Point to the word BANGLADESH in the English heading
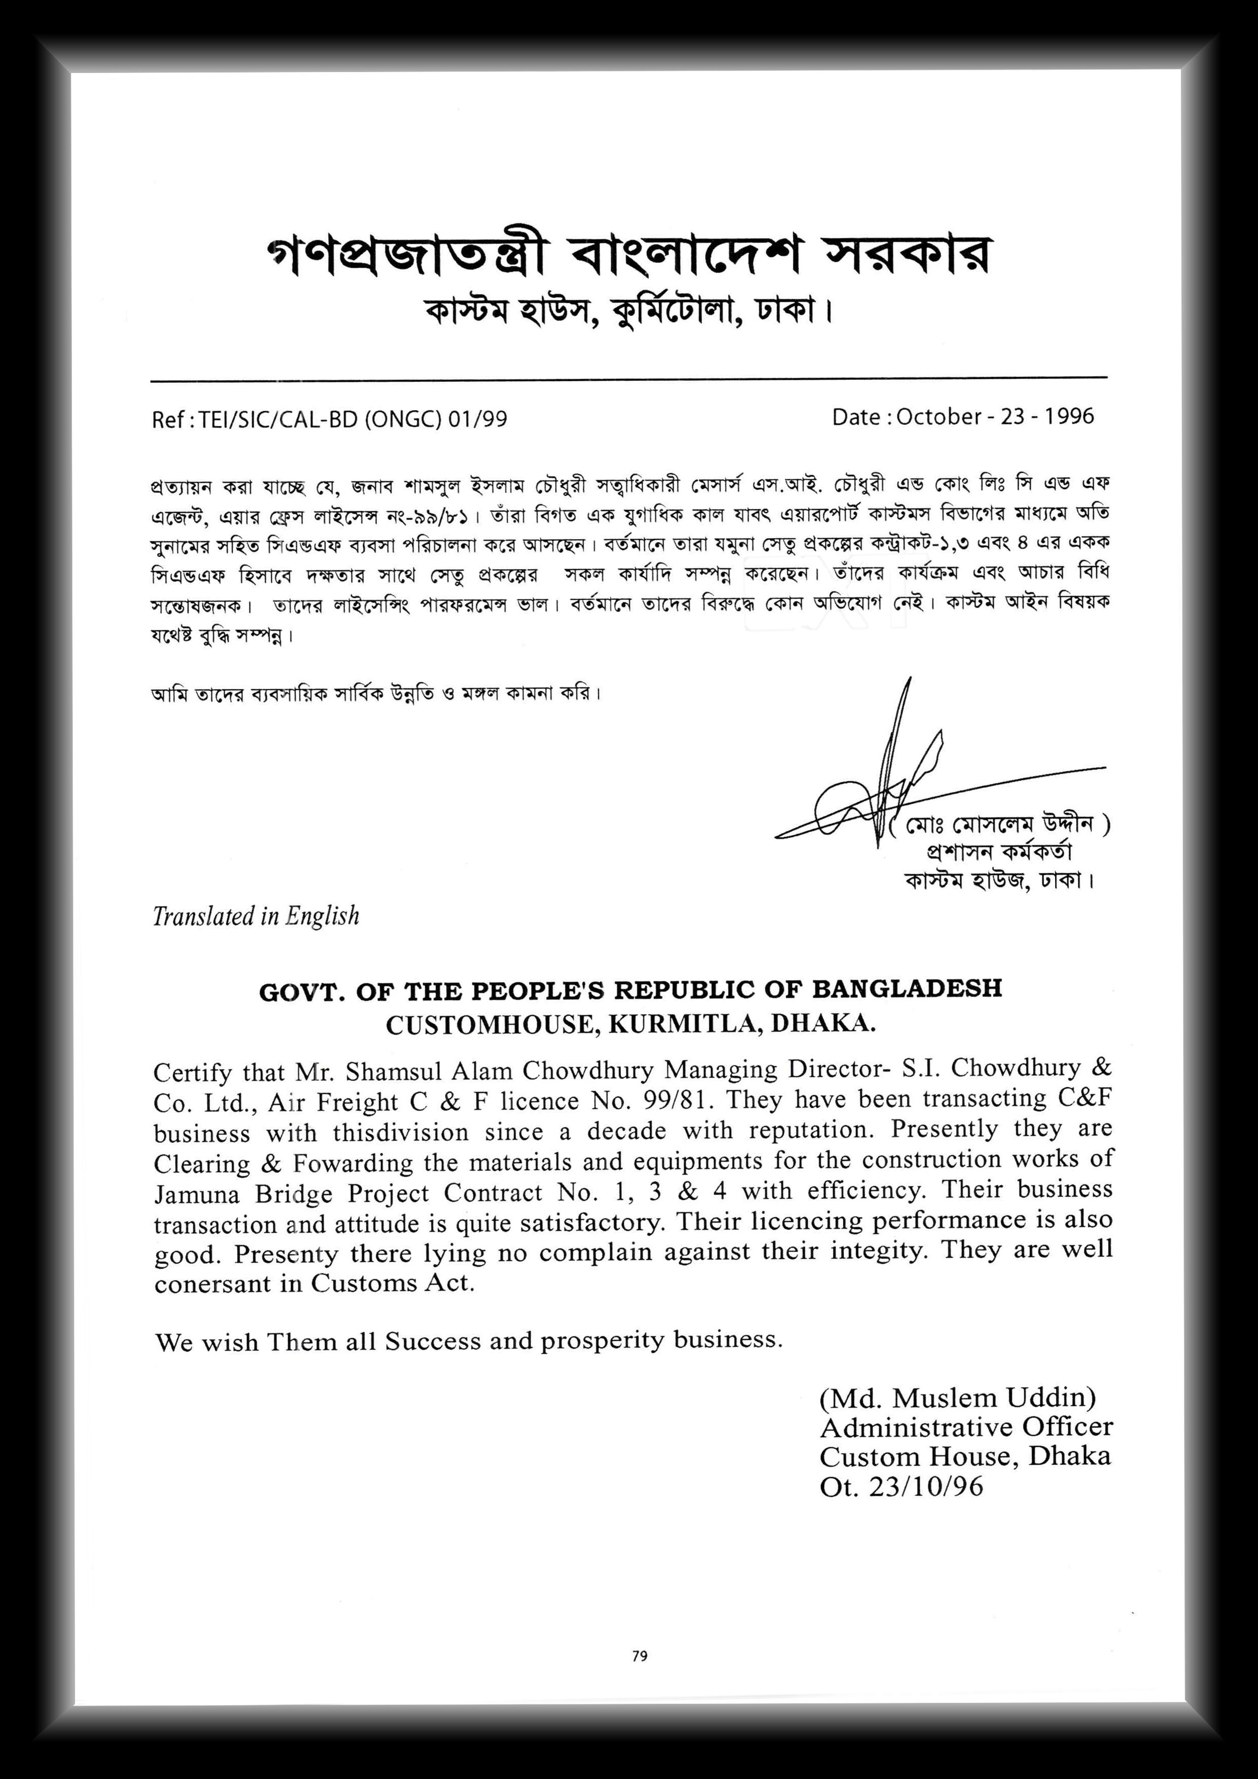[907, 989]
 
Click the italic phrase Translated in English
[256, 916]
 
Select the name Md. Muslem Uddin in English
[957, 1397]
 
